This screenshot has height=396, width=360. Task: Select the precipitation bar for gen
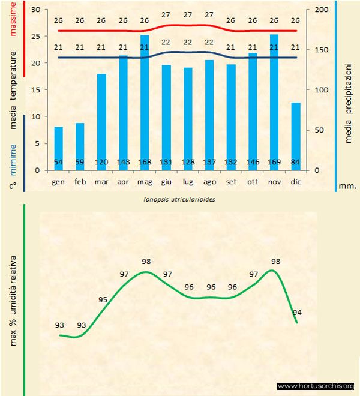pyautogui.click(x=58, y=148)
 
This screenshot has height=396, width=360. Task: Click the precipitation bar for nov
pyautogui.click(x=274, y=102)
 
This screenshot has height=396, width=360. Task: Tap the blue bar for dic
pyautogui.click(x=295, y=136)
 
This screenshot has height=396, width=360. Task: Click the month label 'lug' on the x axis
pyautogui.click(x=188, y=181)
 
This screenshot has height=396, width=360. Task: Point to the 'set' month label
pyautogui.click(x=231, y=181)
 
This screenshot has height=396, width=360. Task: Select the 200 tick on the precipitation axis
pyautogui.click(x=322, y=10)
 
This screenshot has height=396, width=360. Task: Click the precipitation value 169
pyautogui.click(x=274, y=163)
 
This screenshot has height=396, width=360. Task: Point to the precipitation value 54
pyautogui.click(x=58, y=163)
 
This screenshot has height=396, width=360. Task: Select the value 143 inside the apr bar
pyautogui.click(x=123, y=163)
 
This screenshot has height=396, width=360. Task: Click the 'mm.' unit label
pyautogui.click(x=347, y=185)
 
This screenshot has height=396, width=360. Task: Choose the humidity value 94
pyautogui.click(x=296, y=312)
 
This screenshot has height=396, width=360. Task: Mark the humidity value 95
pyautogui.click(x=103, y=300)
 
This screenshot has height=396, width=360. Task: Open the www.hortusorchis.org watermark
pyautogui.click(x=316, y=386)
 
